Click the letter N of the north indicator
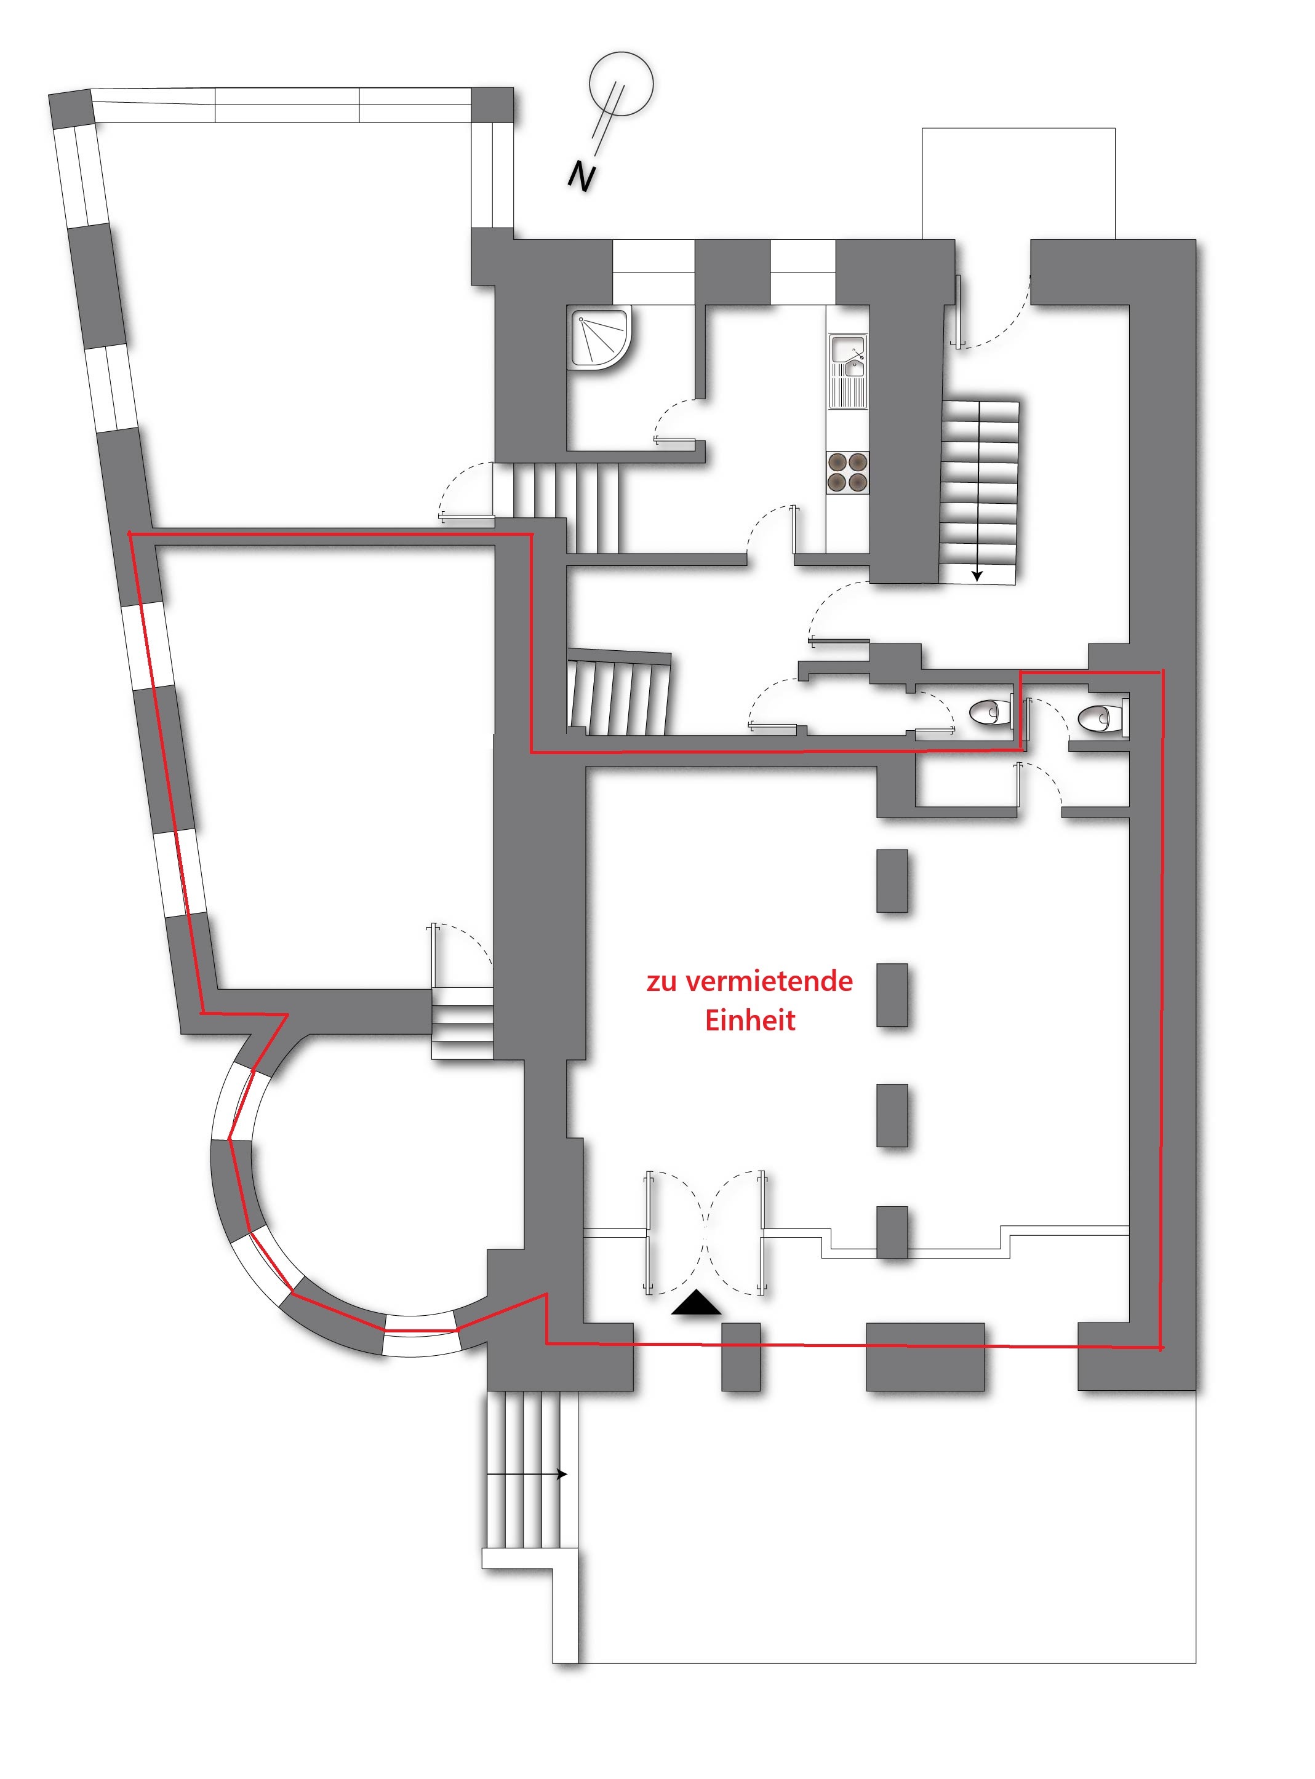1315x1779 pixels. (582, 177)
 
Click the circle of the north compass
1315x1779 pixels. (621, 84)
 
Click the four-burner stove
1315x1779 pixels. (847, 472)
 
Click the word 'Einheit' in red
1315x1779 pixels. (750, 1021)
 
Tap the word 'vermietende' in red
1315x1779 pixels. (769, 982)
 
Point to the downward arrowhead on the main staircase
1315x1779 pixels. (977, 576)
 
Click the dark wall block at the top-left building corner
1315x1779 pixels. (71, 109)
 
